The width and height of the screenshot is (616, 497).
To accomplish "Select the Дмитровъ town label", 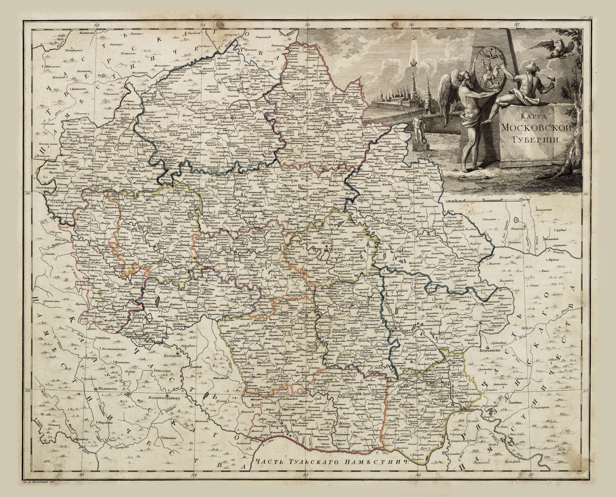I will coord(334,124).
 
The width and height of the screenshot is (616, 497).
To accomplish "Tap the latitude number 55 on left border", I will coord(28,391).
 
